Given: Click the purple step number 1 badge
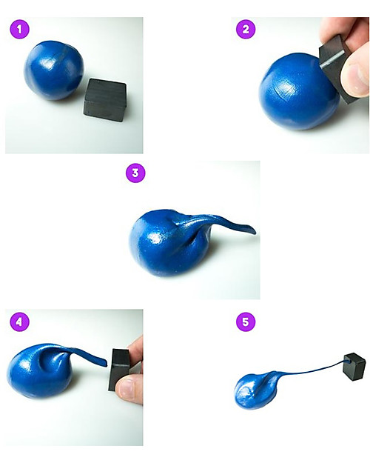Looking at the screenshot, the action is point(19,30).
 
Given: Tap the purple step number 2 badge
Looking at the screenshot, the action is point(246,29).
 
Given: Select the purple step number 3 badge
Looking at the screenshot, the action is point(135,173).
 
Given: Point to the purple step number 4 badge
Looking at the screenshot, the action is point(19,322).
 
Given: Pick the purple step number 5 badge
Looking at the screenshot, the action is point(246,322).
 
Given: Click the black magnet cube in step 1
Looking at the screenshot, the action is point(105,97).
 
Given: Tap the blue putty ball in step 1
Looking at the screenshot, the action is point(54,70).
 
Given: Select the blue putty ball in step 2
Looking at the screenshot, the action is point(299,91).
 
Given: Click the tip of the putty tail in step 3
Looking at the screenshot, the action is point(254,230).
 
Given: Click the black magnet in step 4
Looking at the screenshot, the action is point(119,370).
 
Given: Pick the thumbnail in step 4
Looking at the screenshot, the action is point(127,387).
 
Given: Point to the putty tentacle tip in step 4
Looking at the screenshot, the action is point(105,363).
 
